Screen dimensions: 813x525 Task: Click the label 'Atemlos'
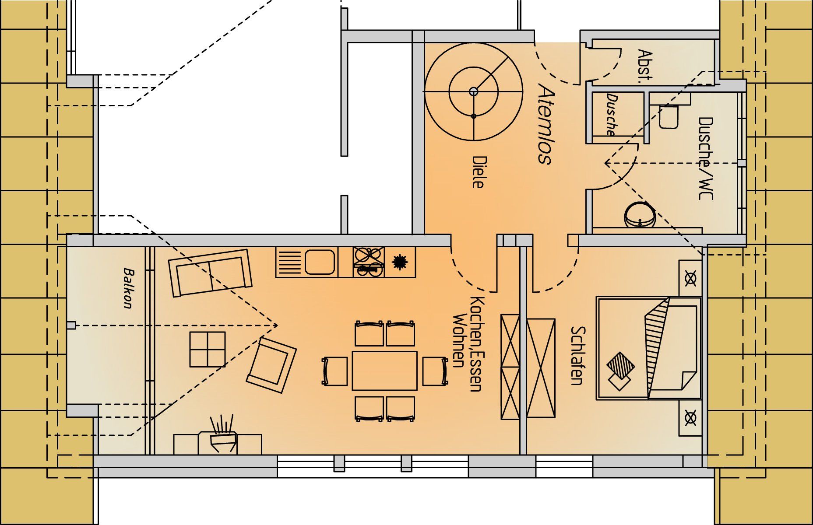pyautogui.click(x=546, y=124)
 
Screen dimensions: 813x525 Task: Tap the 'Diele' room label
pyautogui.click(x=478, y=172)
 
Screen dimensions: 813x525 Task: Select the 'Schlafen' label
pyautogui.click(x=577, y=356)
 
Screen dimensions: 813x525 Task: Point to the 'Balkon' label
pyautogui.click(x=127, y=288)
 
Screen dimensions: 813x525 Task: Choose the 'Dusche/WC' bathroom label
pyautogui.click(x=705, y=158)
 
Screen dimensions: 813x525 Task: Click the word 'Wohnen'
pyautogui.click(x=458, y=340)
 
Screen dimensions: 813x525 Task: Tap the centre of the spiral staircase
pyautogui.click(x=473, y=91)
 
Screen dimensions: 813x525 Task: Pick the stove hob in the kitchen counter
pyautogui.click(x=369, y=262)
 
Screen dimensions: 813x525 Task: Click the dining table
pyautogui.click(x=384, y=371)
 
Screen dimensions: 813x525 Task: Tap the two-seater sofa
pyautogui.click(x=210, y=273)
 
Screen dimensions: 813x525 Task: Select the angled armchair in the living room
pyautogui.click(x=271, y=365)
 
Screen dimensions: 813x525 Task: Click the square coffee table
pyautogui.click(x=208, y=349)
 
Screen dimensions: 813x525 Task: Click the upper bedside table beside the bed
pyautogui.click(x=690, y=278)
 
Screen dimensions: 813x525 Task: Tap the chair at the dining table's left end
pyautogui.click(x=335, y=371)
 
